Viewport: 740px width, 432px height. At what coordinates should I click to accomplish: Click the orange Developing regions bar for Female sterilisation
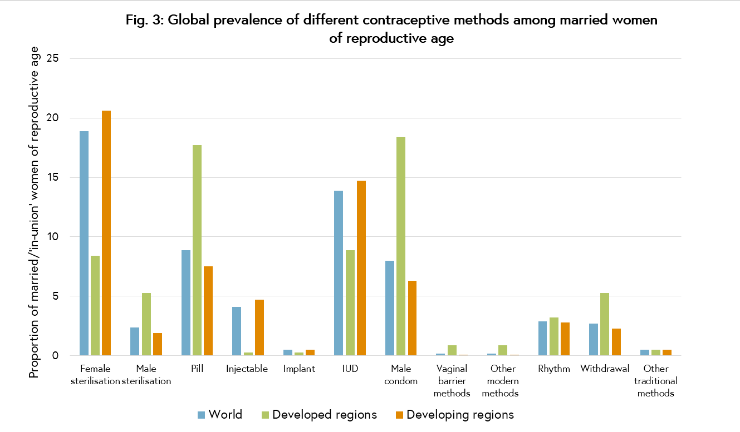106,233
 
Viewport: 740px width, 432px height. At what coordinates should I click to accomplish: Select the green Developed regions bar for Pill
197,250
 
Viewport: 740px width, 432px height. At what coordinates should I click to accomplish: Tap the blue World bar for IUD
339,273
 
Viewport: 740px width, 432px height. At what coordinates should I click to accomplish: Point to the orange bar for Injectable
259,327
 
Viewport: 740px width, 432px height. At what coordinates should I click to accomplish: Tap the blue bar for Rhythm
542,339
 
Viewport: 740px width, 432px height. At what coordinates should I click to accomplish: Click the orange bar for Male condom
412,318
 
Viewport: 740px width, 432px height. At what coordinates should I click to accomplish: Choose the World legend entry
220,415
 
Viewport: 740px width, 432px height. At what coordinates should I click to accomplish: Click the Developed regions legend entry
319,415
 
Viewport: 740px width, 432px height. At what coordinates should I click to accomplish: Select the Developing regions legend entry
454,415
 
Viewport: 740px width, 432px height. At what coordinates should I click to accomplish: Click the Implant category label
299,369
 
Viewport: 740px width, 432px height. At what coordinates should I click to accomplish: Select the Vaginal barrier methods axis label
452,381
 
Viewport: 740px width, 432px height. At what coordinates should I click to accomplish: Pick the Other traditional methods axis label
656,381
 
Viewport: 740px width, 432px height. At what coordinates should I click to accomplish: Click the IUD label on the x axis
350,369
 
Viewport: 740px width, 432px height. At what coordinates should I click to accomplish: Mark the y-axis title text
35,212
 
